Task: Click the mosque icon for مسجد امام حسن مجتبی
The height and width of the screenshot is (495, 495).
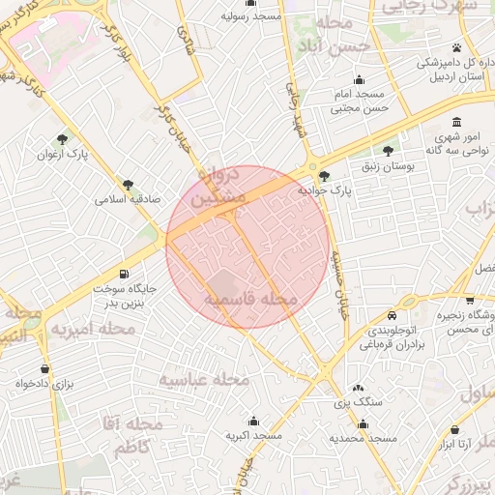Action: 360,80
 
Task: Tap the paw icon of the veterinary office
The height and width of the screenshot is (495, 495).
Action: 455,47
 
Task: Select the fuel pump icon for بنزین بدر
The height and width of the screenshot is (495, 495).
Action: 124,274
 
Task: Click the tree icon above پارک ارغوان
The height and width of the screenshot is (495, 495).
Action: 64,139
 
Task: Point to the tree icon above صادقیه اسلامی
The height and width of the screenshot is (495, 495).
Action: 129,185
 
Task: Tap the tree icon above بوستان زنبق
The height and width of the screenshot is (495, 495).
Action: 388,151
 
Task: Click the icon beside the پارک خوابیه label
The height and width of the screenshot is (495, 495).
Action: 324,176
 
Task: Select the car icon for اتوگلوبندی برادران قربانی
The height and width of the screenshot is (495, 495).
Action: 392,315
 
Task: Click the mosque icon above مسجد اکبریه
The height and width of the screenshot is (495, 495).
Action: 253,421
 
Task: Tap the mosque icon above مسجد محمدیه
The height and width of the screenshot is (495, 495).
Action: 363,423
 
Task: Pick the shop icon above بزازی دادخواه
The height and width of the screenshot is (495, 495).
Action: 44,368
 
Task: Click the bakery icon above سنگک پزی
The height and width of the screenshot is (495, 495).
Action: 358,387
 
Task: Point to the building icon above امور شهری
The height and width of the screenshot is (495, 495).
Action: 457,123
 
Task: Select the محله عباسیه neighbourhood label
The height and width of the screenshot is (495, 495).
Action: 204,379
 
